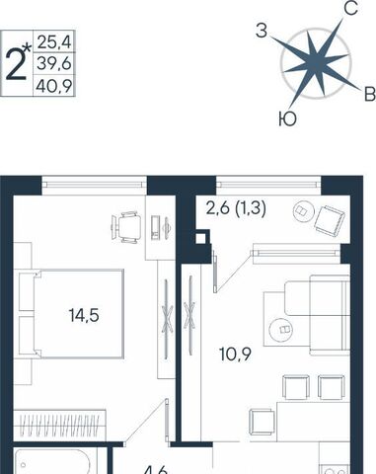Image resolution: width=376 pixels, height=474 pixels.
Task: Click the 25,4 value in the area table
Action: click(x=54, y=41)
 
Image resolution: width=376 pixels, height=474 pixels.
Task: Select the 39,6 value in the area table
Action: click(x=54, y=63)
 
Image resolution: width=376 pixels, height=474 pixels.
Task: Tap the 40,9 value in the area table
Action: click(x=54, y=86)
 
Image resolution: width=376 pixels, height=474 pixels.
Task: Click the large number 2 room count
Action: click(x=16, y=65)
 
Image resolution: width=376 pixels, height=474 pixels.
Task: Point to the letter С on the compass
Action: click(x=351, y=8)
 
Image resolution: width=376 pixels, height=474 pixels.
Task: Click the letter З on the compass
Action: click(x=262, y=32)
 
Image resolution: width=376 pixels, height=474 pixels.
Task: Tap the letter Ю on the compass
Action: click(x=287, y=118)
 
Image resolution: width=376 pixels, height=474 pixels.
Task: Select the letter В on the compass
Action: click(x=370, y=95)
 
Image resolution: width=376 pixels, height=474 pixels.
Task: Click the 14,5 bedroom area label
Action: click(x=84, y=315)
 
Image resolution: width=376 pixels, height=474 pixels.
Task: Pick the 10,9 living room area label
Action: click(x=235, y=355)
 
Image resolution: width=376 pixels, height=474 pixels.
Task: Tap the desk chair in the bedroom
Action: click(x=126, y=227)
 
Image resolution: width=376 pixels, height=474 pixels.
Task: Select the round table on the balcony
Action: click(x=303, y=210)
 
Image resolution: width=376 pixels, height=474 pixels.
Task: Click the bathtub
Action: click(x=56, y=462)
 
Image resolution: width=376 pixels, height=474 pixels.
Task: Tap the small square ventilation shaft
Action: click(x=200, y=239)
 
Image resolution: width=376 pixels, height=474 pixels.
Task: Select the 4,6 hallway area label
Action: click(x=157, y=470)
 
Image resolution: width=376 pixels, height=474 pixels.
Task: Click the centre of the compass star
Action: click(x=315, y=63)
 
